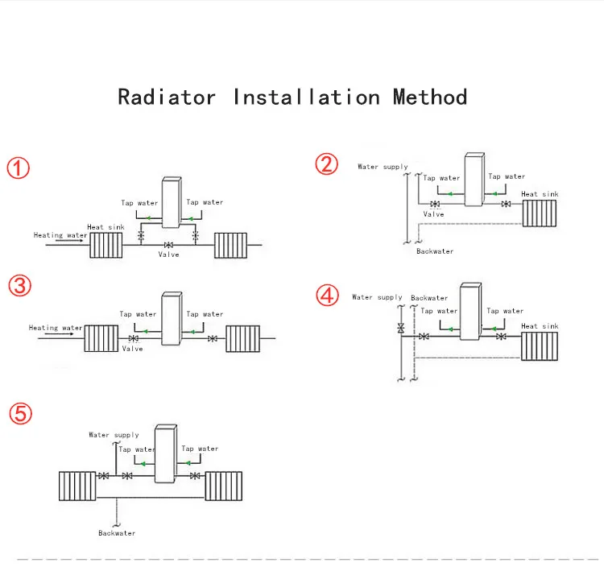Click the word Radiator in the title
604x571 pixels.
click(167, 97)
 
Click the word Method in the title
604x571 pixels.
click(430, 97)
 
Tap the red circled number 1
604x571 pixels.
click(19, 168)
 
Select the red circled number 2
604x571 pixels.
click(326, 165)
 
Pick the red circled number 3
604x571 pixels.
click(20, 284)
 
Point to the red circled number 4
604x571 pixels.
click(326, 295)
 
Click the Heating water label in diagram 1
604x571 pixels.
click(60, 235)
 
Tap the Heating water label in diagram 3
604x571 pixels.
click(56, 328)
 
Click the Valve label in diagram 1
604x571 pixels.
click(169, 254)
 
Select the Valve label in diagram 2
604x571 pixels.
click(433, 214)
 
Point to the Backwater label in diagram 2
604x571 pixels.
click(435, 251)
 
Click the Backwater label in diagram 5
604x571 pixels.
click(117, 533)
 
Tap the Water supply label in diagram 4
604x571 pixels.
click(377, 297)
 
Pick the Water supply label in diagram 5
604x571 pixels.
click(114, 435)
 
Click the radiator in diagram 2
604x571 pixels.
click(540, 213)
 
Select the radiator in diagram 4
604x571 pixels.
click(540, 345)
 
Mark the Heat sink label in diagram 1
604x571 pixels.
click(105, 227)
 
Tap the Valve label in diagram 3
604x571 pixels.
click(132, 349)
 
